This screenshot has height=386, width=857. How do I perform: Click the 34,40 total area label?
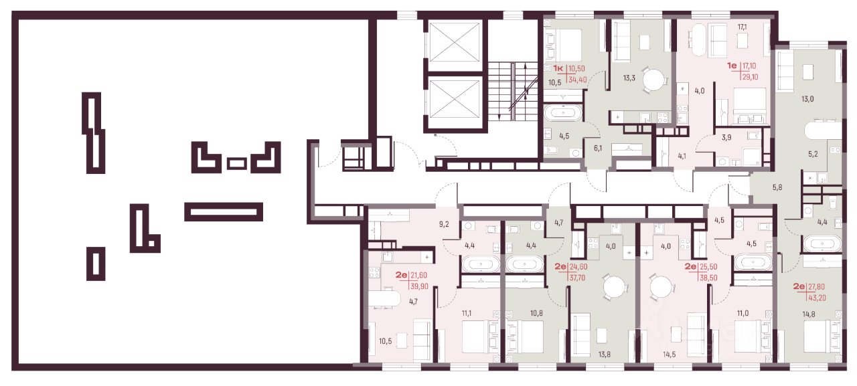click(x=577, y=80)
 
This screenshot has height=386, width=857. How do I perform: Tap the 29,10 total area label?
click(x=751, y=77)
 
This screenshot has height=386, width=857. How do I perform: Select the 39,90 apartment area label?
click(x=419, y=286)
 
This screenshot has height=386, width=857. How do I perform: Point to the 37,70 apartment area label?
click(x=577, y=278)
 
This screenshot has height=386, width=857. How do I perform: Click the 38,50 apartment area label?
click(x=708, y=278)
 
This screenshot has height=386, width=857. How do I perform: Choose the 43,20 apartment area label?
click(x=817, y=298)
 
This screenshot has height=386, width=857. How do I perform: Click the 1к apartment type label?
click(x=558, y=68)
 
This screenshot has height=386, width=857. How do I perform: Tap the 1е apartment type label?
click(x=732, y=66)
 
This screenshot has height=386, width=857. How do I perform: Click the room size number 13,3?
click(x=629, y=78)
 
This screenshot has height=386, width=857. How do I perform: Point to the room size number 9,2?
click(x=444, y=224)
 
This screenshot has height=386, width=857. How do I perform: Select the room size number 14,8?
click(x=809, y=314)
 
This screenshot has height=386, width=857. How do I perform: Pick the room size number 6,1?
click(x=598, y=148)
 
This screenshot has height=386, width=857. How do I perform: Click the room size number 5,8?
click(x=777, y=188)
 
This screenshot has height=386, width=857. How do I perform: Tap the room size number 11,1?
click(x=467, y=313)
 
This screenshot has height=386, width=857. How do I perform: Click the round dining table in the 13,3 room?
click(x=654, y=80)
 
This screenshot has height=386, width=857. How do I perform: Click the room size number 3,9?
click(x=726, y=138)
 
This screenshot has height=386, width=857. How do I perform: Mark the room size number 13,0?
click(x=807, y=99)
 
